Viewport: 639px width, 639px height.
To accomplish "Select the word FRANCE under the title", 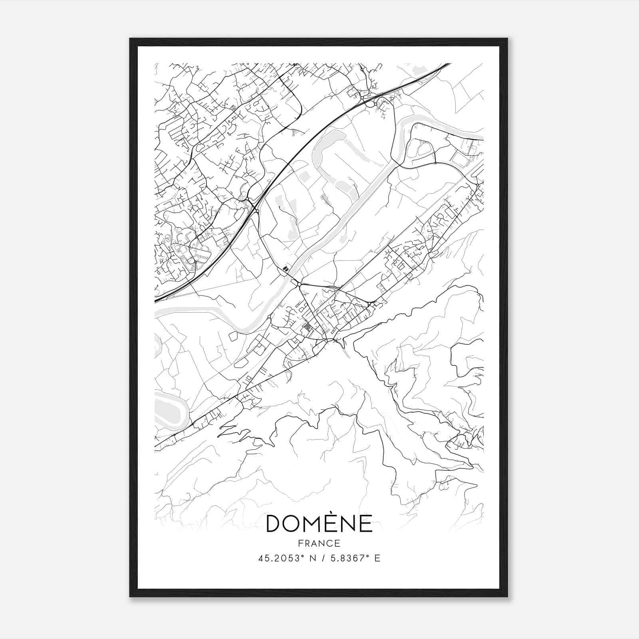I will tap(319, 543).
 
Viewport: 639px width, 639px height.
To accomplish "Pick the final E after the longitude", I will tap(377, 558).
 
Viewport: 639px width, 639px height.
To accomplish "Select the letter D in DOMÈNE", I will tap(275, 524).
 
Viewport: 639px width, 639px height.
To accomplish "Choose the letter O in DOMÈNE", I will tap(296, 524).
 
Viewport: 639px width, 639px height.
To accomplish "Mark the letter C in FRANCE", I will tap(329, 543).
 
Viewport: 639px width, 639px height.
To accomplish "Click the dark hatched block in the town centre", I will tap(307, 328).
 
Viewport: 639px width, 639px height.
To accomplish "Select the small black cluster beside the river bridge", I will tap(285, 268).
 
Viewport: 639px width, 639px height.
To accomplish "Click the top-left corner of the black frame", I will tap(130, 39).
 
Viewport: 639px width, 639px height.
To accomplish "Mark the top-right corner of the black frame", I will tap(507, 39).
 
